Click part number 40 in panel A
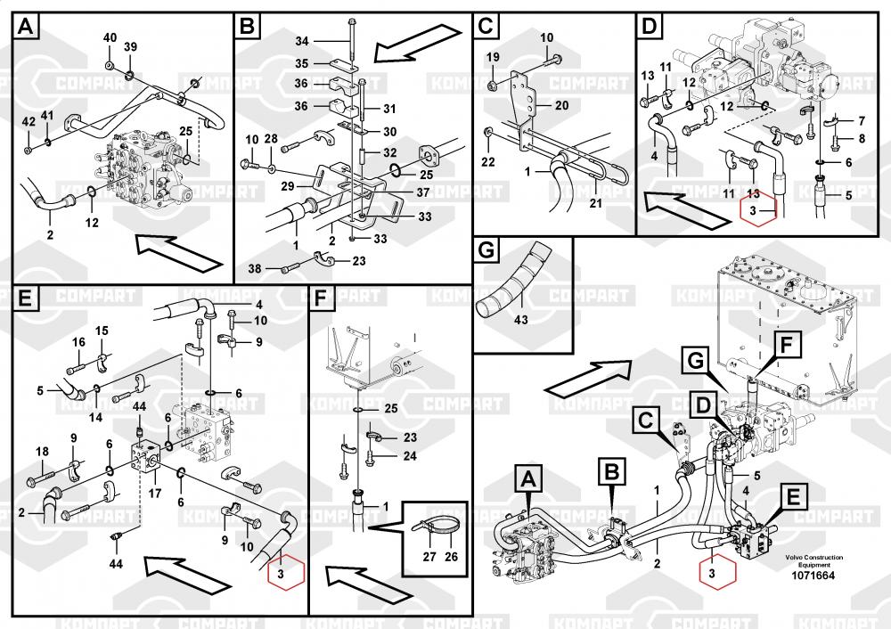[x=110, y=37]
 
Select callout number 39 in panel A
[x=130, y=47]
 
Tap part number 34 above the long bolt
[x=301, y=42]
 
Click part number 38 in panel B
[x=255, y=267]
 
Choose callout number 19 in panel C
[x=493, y=57]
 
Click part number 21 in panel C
[x=595, y=204]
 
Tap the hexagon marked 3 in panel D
[x=758, y=211]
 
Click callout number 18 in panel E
[x=42, y=452]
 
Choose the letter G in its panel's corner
[x=486, y=252]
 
